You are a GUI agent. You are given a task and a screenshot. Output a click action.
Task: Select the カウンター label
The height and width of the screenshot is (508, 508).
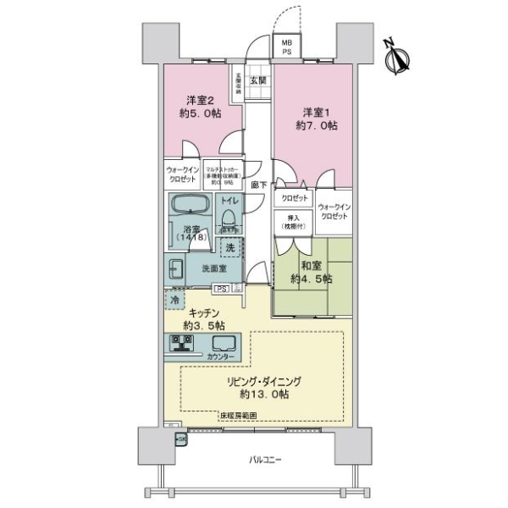point(222,357)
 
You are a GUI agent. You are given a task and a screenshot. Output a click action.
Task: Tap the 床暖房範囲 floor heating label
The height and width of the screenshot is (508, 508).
point(240,416)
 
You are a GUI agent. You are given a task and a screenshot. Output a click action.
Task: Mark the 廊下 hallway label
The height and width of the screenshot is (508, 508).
point(258,184)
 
